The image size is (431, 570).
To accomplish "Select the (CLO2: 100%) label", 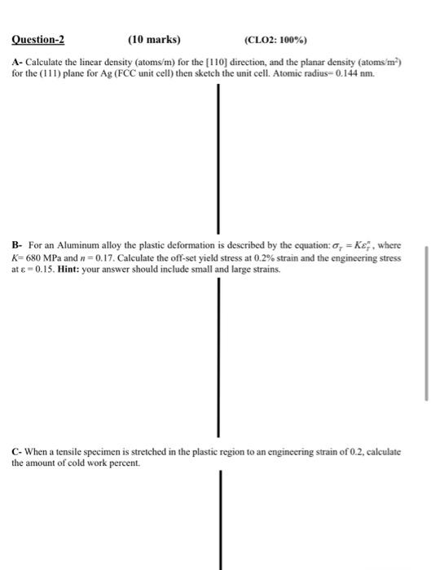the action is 278,39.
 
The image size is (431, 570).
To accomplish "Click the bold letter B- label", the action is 17,245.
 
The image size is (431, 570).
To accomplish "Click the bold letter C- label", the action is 17,451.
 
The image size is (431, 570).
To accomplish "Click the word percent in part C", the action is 117,463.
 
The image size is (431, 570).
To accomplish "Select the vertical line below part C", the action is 218,521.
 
